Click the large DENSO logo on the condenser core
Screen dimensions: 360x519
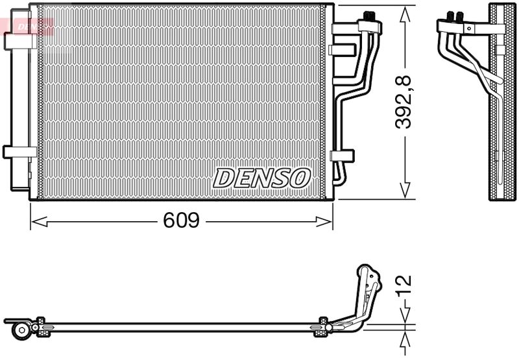click(x=262, y=177)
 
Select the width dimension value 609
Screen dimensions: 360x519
click(x=180, y=221)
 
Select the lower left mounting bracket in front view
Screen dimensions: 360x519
click(x=19, y=152)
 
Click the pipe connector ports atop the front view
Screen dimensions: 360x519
click(x=370, y=19)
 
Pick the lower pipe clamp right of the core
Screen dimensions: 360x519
click(x=342, y=156)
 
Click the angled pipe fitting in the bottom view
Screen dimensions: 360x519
click(x=363, y=292)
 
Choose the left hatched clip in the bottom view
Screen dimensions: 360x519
click(x=41, y=326)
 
